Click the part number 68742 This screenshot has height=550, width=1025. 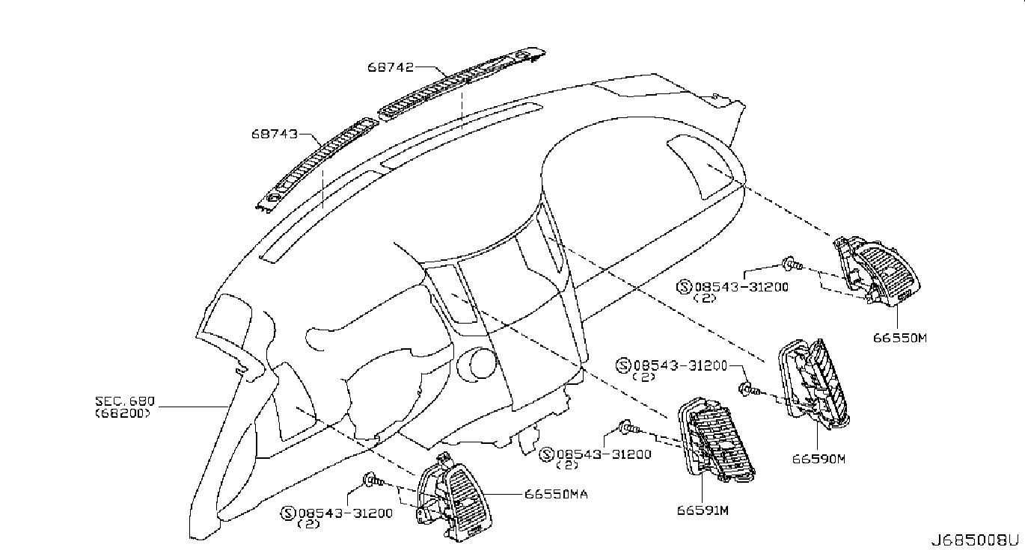(x=391, y=67)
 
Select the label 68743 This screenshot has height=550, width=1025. (x=274, y=134)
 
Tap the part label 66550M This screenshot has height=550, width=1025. (x=900, y=338)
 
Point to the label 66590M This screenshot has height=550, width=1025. (x=819, y=459)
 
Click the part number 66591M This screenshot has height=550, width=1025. (x=703, y=510)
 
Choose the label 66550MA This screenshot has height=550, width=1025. (x=556, y=494)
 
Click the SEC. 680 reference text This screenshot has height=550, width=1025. (x=125, y=401)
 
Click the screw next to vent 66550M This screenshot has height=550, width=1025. (x=792, y=264)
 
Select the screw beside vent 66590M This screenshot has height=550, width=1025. (x=749, y=390)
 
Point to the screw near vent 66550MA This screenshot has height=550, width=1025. (x=373, y=480)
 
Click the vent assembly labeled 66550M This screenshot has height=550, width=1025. (x=876, y=271)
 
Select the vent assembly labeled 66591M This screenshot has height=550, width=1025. (x=715, y=440)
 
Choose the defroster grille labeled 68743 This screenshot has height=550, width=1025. (x=318, y=164)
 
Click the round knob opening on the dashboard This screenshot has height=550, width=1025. (x=477, y=363)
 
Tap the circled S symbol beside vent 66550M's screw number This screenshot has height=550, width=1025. (x=683, y=287)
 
